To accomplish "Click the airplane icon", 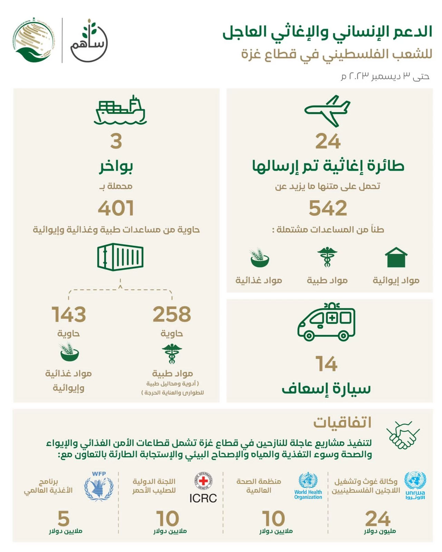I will [327, 111].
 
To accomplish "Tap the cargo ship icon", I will [120, 110].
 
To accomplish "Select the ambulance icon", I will [326, 322].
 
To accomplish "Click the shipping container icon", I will [120, 257].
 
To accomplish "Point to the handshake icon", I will [403, 435].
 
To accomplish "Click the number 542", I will [328, 208].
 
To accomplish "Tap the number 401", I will [116, 208].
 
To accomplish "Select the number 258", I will [172, 314].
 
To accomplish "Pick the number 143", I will [69, 314].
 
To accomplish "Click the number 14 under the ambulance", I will [326, 364].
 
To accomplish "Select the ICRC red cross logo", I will [203, 481].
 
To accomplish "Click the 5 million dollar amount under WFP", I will [64, 518].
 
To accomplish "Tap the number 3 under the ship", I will [116, 141].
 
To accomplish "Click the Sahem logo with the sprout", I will [89, 41].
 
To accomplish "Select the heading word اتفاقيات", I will [342, 422].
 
